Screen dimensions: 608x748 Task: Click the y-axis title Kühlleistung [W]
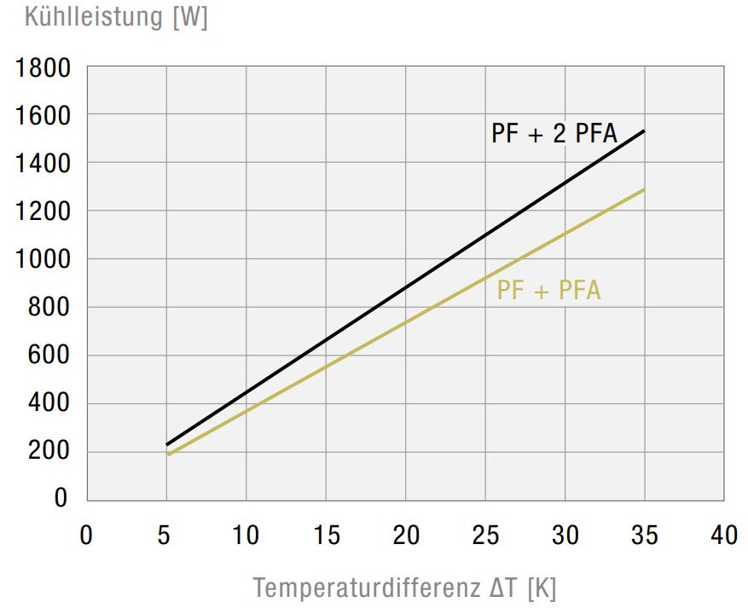pyautogui.click(x=116, y=18)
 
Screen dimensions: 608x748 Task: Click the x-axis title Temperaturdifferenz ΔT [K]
pyautogui.click(x=404, y=588)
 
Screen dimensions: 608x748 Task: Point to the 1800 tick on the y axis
pyautogui.click(x=43, y=67)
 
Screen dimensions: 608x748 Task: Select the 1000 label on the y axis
pyautogui.click(x=43, y=259)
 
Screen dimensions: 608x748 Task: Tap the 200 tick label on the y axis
pyautogui.click(x=49, y=452)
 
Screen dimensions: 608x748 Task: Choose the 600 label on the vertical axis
pyautogui.click(x=49, y=356)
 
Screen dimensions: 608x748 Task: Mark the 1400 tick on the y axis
pyautogui.click(x=43, y=163)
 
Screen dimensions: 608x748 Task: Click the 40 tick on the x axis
pyautogui.click(x=724, y=536)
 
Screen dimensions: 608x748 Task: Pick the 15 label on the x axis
pyautogui.click(x=325, y=536)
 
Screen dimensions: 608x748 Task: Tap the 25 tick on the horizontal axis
pyautogui.click(x=484, y=536)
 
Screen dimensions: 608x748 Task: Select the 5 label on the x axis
pyautogui.click(x=166, y=536)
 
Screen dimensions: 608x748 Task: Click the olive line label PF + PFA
pyautogui.click(x=548, y=291)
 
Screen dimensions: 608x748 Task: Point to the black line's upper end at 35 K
pyautogui.click(x=644, y=131)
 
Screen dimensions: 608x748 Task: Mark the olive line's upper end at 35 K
pyautogui.click(x=644, y=189)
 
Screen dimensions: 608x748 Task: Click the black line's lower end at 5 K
pyautogui.click(x=167, y=444)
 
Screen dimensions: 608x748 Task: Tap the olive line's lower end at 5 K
pyautogui.click(x=167, y=455)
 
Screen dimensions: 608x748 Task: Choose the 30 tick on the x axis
pyautogui.click(x=565, y=536)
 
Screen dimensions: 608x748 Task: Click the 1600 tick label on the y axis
pyautogui.click(x=43, y=114)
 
